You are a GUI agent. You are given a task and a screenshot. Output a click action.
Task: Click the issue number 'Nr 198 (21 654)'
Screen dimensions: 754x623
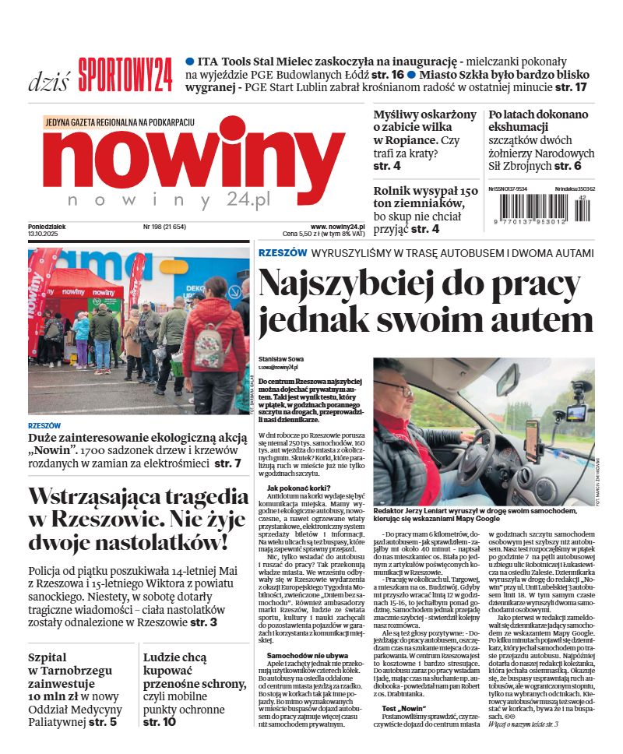coord(164,227)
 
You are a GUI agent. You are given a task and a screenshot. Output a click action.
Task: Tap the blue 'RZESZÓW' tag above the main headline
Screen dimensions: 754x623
coord(281,253)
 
